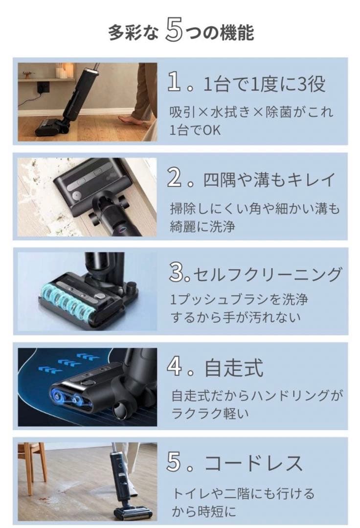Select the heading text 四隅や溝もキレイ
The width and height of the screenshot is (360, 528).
click(x=270, y=180)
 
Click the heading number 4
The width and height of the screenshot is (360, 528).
click(x=176, y=368)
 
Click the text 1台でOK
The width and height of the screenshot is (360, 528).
click(x=195, y=131)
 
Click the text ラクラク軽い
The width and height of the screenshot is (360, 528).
click(x=210, y=414)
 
